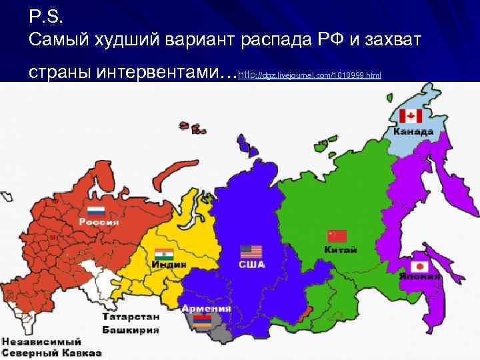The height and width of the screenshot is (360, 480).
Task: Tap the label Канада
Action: tap(413, 131)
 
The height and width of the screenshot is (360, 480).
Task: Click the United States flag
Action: tap(251, 251)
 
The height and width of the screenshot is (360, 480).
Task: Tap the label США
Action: tap(252, 265)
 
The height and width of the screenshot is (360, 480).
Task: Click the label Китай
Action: tap(340, 250)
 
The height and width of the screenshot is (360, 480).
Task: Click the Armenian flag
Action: tap(204, 321)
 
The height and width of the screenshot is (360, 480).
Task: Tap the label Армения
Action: tap(207, 309)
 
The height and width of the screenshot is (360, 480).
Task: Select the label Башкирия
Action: tap(131, 329)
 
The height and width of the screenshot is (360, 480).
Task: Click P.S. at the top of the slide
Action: tap(45, 14)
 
